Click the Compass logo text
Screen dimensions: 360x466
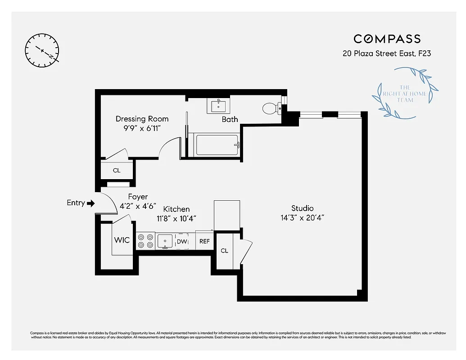(x=387, y=39)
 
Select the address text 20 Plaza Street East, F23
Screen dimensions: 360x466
(x=387, y=54)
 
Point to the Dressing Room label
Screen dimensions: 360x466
(x=142, y=119)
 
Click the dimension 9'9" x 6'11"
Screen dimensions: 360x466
(x=142, y=129)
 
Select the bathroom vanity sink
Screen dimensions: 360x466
(x=219, y=107)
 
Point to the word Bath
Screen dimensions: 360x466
(x=230, y=119)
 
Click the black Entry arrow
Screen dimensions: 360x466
(x=90, y=203)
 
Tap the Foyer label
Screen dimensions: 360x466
(x=138, y=197)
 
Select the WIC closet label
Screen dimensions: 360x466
(x=122, y=240)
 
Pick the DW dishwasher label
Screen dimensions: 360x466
(x=182, y=242)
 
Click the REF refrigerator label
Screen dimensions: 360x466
(x=204, y=241)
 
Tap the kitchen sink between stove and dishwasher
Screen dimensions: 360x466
(x=165, y=241)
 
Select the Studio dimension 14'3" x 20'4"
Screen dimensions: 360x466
(x=302, y=218)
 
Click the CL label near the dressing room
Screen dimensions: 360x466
(x=117, y=171)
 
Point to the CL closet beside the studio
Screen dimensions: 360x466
(x=224, y=251)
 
